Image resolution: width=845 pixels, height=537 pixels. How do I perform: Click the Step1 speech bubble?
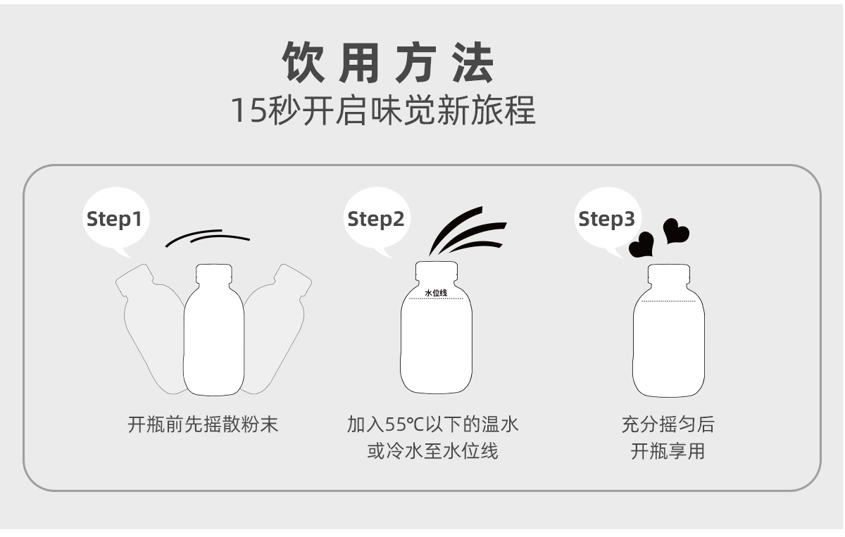point(115,219)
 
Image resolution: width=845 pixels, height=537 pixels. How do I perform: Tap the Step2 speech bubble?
point(377,219)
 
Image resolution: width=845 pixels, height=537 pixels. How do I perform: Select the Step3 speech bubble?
point(607,219)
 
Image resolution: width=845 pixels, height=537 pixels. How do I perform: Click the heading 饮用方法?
point(388,63)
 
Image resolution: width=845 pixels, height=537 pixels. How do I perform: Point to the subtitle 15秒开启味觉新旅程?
point(383,110)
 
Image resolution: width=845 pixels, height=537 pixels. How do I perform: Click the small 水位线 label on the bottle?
point(436,293)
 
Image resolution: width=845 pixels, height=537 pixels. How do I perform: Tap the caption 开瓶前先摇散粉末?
point(203,424)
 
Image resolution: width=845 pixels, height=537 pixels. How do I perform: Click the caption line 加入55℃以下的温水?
point(432,424)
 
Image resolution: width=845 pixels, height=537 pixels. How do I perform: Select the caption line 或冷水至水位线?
point(432,451)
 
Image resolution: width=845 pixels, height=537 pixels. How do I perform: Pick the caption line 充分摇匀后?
point(668,424)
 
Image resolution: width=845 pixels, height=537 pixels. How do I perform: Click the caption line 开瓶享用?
point(668,451)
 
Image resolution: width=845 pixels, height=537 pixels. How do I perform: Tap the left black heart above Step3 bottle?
point(641,245)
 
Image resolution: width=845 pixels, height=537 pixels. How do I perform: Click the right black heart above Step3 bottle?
point(675,231)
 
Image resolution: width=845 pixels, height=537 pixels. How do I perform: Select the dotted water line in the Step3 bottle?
point(668,301)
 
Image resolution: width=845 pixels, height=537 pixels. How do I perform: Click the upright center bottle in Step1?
point(214,330)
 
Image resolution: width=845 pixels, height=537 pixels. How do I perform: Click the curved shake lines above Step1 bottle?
point(208,236)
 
